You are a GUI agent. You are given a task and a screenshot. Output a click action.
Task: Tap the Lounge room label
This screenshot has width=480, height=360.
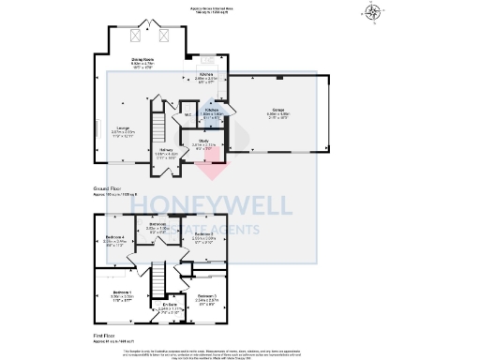[122, 128]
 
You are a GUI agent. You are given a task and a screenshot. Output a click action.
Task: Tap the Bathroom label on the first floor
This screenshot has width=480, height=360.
[157, 224]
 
